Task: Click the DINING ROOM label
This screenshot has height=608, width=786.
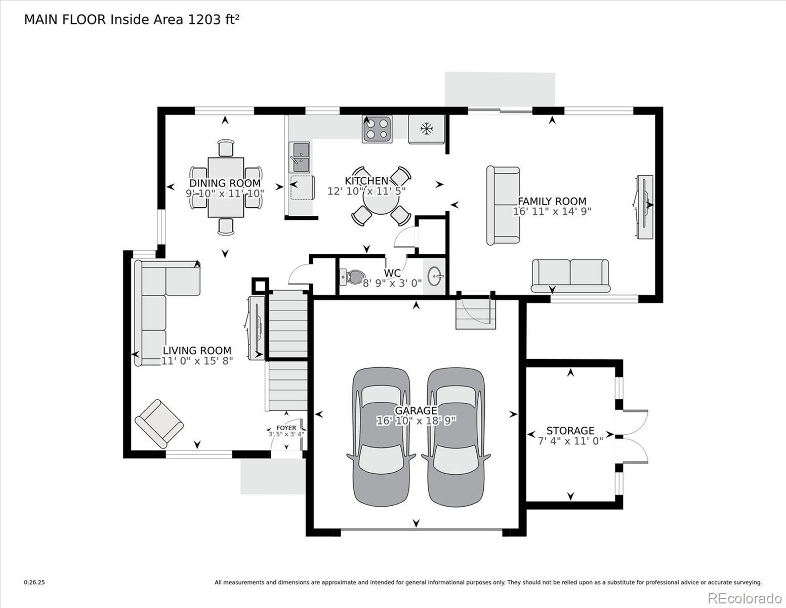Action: [x=225, y=183]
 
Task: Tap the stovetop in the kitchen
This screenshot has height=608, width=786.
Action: [x=377, y=129]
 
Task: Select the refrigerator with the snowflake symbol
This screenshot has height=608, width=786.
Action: [x=427, y=129]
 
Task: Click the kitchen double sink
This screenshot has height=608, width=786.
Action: [x=300, y=157]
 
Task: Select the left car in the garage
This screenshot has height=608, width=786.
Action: [x=381, y=437]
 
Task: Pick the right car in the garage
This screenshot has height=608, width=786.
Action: [x=456, y=437]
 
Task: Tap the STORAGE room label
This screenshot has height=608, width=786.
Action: [x=570, y=431]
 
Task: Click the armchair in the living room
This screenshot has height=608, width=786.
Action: [x=159, y=424]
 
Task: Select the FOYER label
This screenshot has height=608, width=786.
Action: [x=286, y=428]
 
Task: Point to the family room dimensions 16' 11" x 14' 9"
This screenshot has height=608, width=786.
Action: [x=552, y=211]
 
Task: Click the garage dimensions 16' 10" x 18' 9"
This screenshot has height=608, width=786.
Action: [x=416, y=421]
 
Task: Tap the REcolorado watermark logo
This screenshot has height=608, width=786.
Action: [x=745, y=598]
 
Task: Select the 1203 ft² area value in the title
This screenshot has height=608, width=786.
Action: [x=213, y=20]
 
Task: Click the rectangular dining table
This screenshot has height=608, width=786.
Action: [x=226, y=187]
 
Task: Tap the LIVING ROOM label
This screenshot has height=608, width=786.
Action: [x=197, y=351]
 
